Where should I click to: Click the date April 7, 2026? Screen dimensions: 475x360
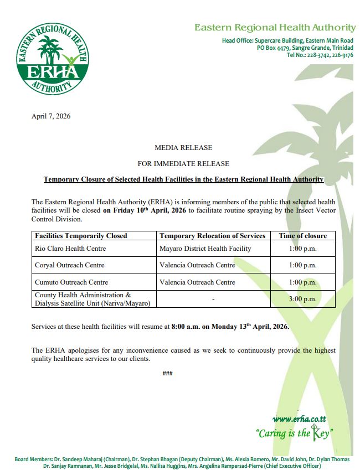tap(51, 116)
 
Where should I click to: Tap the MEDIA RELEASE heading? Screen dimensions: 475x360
tap(183, 148)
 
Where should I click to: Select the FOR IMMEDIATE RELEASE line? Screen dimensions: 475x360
tap(183, 164)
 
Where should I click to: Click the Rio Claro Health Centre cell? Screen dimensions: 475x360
tap(70, 249)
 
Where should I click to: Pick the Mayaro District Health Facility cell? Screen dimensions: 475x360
tap(205, 249)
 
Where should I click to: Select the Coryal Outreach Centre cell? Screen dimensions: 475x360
tap(69, 265)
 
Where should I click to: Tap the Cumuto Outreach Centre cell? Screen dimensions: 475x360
tap(71, 282)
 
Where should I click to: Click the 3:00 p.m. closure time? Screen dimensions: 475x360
tap(302, 299)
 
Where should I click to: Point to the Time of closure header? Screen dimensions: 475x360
tap(302, 236)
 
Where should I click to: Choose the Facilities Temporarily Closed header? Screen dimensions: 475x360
tap(81, 236)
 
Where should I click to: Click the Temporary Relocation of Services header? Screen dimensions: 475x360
tap(212, 236)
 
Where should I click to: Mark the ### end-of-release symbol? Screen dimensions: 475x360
tap(168, 373)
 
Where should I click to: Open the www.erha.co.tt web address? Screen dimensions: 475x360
tap(302, 419)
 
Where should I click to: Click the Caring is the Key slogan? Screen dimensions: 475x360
tap(294, 433)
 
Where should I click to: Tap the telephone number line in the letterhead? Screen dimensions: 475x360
tap(320, 55)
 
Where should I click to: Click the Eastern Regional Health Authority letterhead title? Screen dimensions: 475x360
tap(275, 28)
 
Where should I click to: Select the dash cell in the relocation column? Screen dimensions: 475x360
tap(213, 299)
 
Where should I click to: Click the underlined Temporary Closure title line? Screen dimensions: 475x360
tap(183, 180)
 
